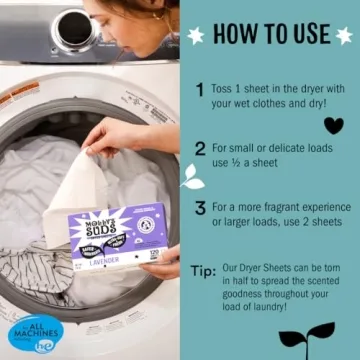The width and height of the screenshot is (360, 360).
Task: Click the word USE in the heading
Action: click(304, 34)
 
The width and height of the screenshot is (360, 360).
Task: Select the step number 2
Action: click(200, 149)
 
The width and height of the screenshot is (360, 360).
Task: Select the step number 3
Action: click(200, 208)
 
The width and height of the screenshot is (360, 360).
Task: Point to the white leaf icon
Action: click(191, 177)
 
